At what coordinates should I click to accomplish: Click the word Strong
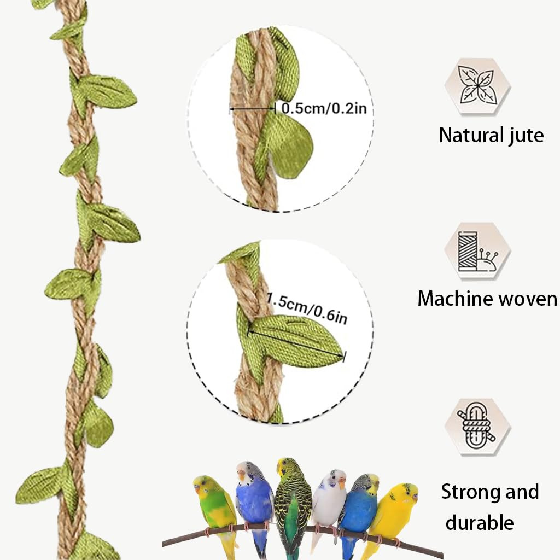pyautogui.click(x=469, y=493)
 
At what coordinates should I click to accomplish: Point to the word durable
pyautogui.click(x=480, y=522)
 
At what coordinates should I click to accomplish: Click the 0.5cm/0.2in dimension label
pyautogui.click(x=324, y=108)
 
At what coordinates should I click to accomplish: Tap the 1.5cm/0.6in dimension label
pyautogui.click(x=307, y=308)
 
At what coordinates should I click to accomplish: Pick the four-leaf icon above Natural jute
pyautogui.click(x=477, y=86)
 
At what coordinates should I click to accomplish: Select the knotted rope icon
pyautogui.click(x=477, y=426)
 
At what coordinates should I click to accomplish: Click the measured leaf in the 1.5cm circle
pyautogui.click(x=296, y=341)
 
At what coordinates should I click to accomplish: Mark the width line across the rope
pyautogui.click(x=253, y=109)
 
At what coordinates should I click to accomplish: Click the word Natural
pyautogui.click(x=470, y=135)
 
